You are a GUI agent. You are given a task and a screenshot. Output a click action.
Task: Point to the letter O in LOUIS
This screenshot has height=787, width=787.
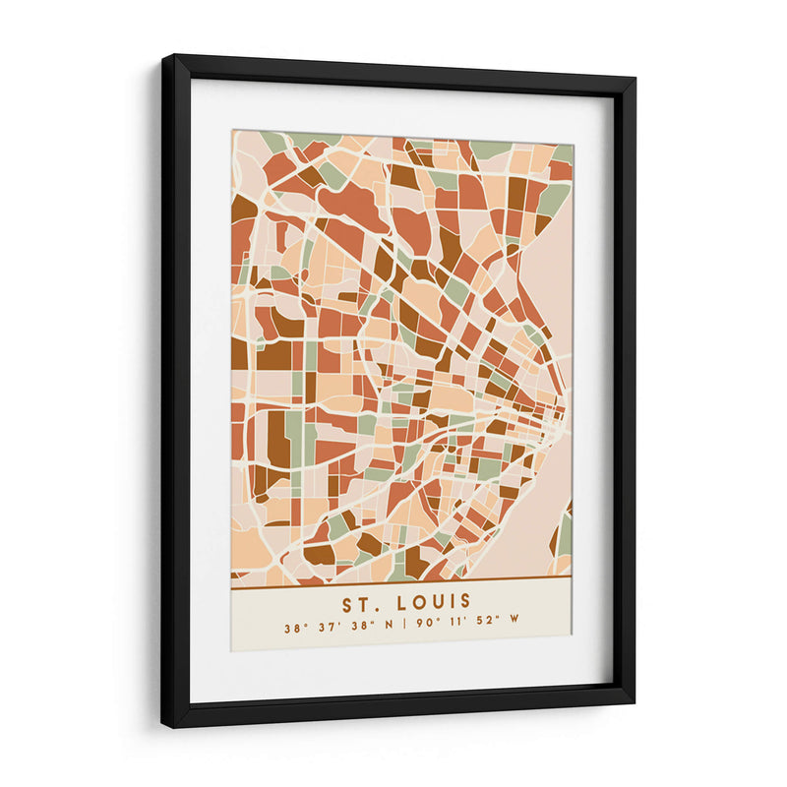pyautogui.click(x=414, y=601)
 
